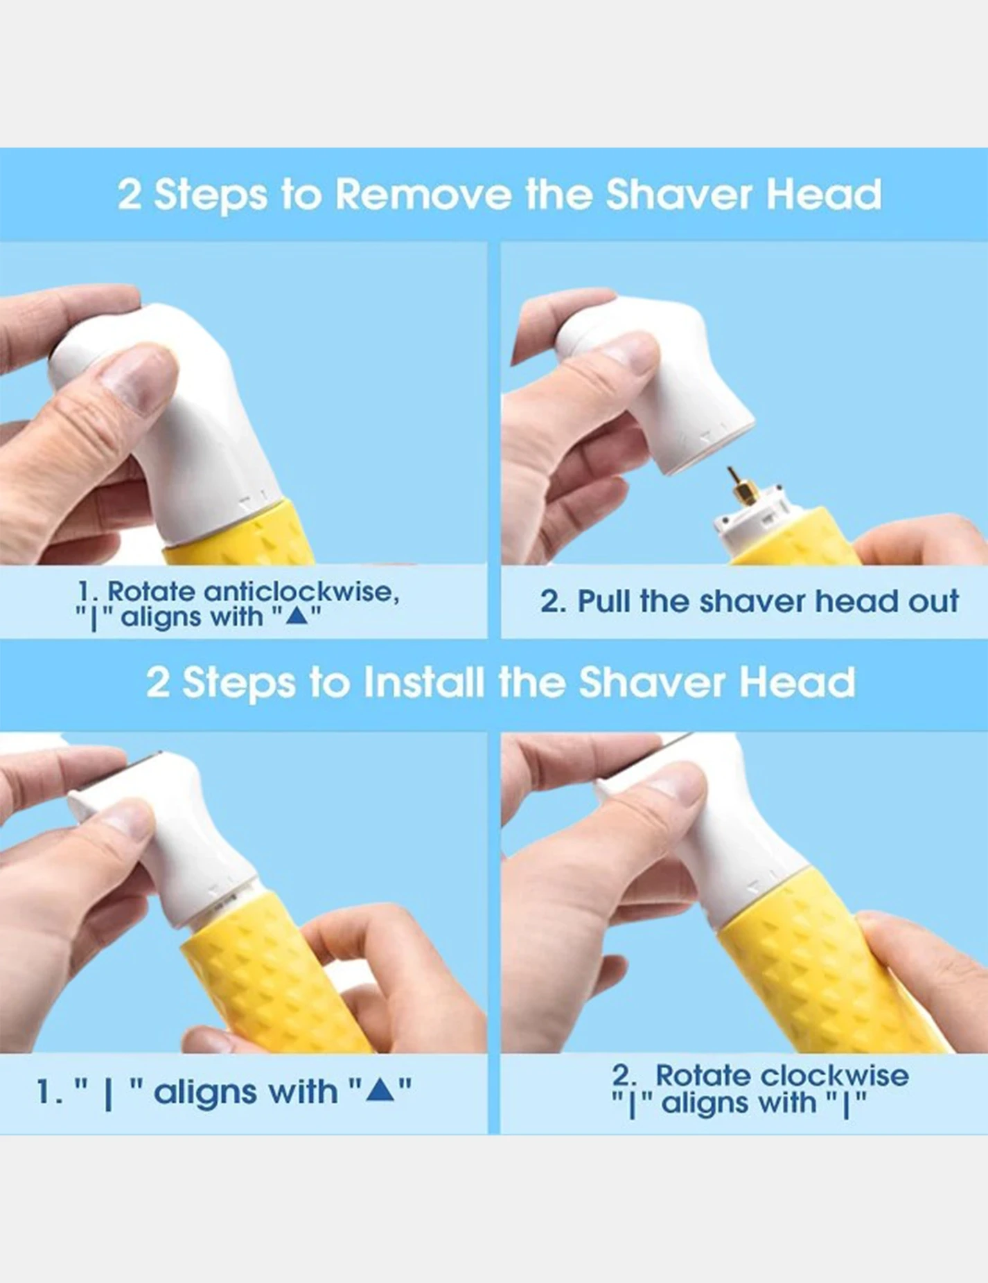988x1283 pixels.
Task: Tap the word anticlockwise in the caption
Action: pos(301,592)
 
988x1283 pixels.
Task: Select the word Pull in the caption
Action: pos(604,601)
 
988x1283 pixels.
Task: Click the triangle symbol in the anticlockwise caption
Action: pos(296,615)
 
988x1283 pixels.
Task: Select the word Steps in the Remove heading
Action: pos(210,195)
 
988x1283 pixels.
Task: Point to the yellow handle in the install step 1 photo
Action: pos(277,977)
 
